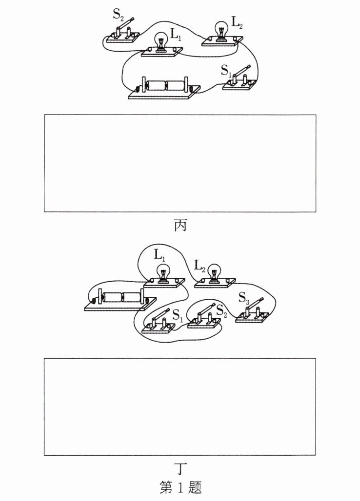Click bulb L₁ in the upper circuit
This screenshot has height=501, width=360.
pos(161,41)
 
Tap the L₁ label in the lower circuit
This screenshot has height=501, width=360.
pos(159,254)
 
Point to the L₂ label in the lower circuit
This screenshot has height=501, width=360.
pos(199,266)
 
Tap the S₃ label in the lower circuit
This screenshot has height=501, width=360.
pos(244,298)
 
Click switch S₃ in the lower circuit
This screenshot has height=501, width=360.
pos(254,312)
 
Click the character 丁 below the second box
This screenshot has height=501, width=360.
pos(180,469)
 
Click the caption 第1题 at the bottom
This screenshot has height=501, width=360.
pos(180,486)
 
